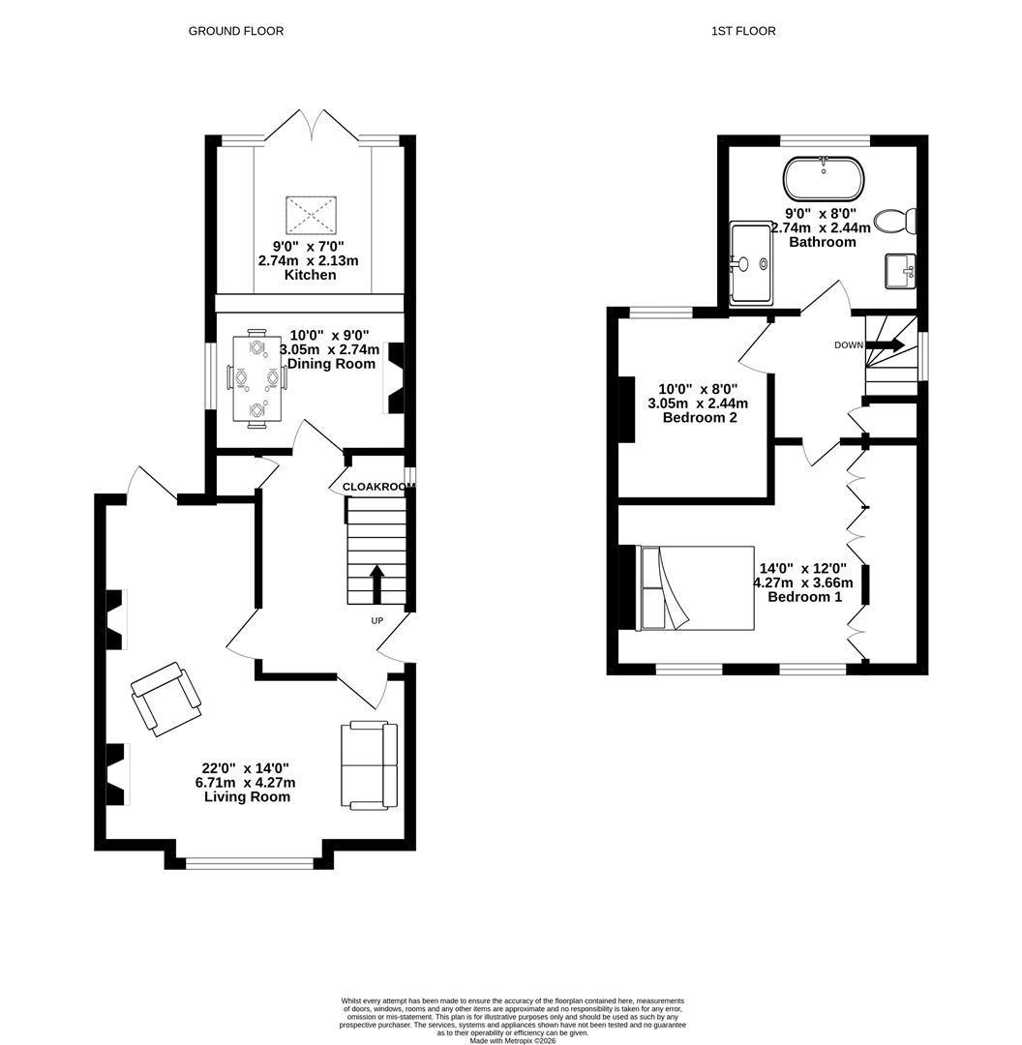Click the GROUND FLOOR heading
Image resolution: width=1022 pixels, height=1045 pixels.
point(236,31)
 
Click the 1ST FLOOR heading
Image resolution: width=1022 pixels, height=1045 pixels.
point(743,31)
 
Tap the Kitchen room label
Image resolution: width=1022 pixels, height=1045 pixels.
point(310,275)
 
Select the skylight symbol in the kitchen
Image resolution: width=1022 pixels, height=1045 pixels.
point(311,215)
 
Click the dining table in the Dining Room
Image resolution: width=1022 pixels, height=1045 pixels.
point(257,378)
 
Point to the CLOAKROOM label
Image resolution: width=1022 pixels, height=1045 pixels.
point(378,487)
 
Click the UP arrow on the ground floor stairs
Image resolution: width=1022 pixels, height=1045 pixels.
point(377,583)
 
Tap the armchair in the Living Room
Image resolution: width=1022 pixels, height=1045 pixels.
point(166,699)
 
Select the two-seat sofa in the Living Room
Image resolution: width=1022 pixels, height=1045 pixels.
point(370,765)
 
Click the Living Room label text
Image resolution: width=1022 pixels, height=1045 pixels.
point(248,796)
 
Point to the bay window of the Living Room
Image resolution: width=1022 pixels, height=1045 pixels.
point(250,864)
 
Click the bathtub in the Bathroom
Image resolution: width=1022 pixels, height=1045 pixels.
point(824,179)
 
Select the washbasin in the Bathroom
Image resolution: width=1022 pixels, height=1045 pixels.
point(901,271)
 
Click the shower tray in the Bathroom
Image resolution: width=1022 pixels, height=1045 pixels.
point(752,262)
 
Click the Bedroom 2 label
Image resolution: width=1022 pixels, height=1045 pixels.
point(700,418)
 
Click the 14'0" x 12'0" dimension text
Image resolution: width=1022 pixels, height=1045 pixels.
point(803,569)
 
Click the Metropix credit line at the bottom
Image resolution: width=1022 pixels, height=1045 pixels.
point(512,1039)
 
